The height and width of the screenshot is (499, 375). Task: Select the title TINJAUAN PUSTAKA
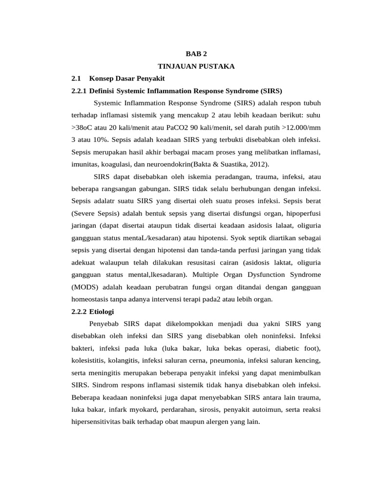[x=196, y=66]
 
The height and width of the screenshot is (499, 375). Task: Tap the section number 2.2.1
[x=79, y=91]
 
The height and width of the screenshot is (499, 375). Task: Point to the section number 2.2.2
[x=79, y=311]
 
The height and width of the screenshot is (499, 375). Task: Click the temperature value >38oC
[x=83, y=128]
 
